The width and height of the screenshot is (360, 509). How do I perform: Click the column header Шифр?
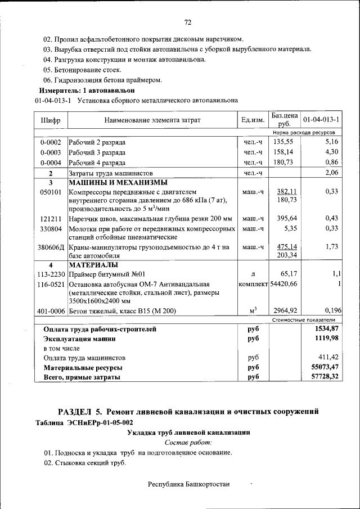(51, 120)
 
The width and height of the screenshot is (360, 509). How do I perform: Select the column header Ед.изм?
(253, 120)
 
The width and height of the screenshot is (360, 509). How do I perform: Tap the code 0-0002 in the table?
(51, 142)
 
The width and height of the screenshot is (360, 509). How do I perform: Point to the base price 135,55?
(283, 142)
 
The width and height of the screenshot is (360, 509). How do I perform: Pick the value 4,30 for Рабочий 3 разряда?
(331, 152)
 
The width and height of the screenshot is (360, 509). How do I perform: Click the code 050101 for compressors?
(51, 192)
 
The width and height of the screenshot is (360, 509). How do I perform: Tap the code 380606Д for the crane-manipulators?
(51, 247)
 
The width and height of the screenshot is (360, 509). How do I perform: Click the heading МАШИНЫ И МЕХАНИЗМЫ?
(118, 182)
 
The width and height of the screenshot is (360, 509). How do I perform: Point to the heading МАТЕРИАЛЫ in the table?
(93, 264)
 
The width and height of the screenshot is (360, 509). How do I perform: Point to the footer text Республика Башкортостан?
(188, 485)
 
